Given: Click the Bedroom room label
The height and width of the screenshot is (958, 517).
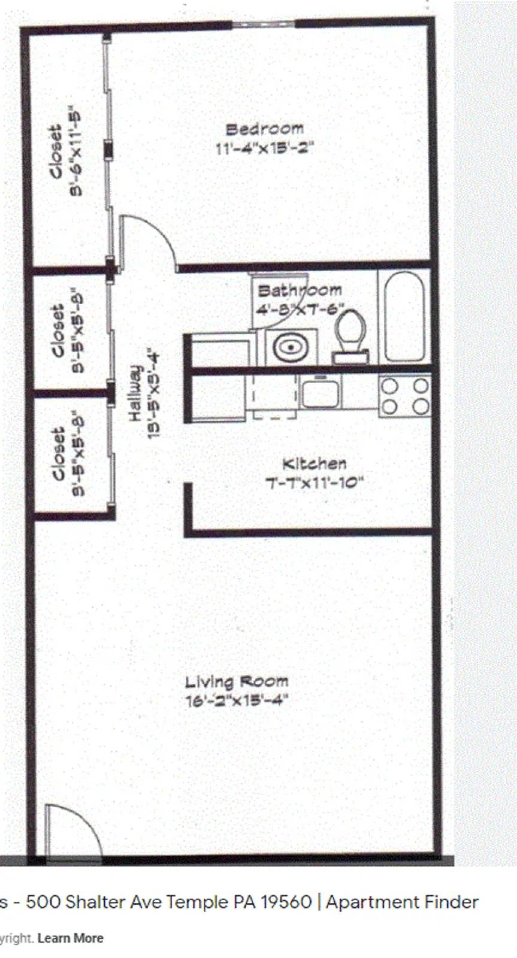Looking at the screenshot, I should pos(264,129).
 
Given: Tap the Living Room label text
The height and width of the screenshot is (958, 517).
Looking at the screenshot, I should pos(236,681).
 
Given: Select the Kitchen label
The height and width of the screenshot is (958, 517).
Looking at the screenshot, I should pos(314,463).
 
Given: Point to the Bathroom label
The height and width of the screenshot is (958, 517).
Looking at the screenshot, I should pos(300,291).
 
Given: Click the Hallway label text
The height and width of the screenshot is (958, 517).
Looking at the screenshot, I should pos(135,393).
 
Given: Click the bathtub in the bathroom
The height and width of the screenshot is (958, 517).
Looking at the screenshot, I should pos(404,316).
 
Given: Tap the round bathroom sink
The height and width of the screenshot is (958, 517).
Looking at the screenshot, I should pos(291,347).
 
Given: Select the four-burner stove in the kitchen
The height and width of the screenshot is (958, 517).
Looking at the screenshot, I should pos(405,396).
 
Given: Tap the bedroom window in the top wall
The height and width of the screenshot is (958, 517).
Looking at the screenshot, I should pos(264,24).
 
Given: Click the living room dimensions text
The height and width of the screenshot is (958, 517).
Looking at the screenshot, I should pos(237,700).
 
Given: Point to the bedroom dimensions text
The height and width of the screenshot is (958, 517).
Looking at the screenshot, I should pos(264,148).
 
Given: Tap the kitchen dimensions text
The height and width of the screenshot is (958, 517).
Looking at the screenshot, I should pos(315,483).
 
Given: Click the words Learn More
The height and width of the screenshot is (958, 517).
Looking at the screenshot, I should pos(70,938).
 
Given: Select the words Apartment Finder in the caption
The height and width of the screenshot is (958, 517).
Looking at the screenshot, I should pos(402,902).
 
